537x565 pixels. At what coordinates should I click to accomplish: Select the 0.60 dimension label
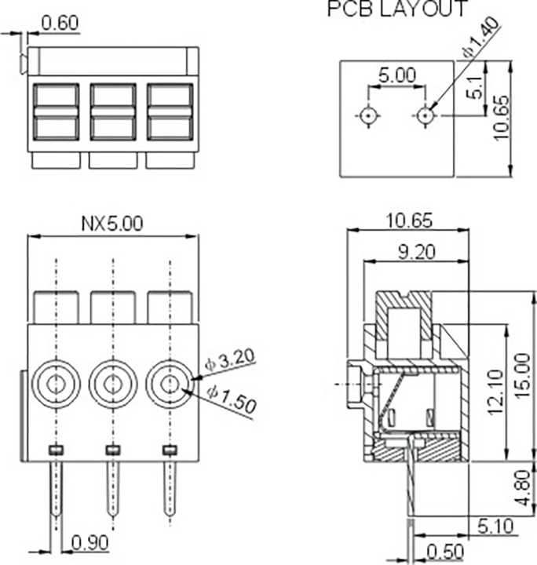(60, 23)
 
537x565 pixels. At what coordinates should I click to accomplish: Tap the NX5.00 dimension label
(112, 224)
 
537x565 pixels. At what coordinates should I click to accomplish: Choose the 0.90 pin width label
(89, 542)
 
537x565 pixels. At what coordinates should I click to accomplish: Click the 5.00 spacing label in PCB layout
(396, 75)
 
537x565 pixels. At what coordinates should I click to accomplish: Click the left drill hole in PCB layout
(367, 116)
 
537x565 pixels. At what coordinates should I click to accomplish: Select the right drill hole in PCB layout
(425, 116)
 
